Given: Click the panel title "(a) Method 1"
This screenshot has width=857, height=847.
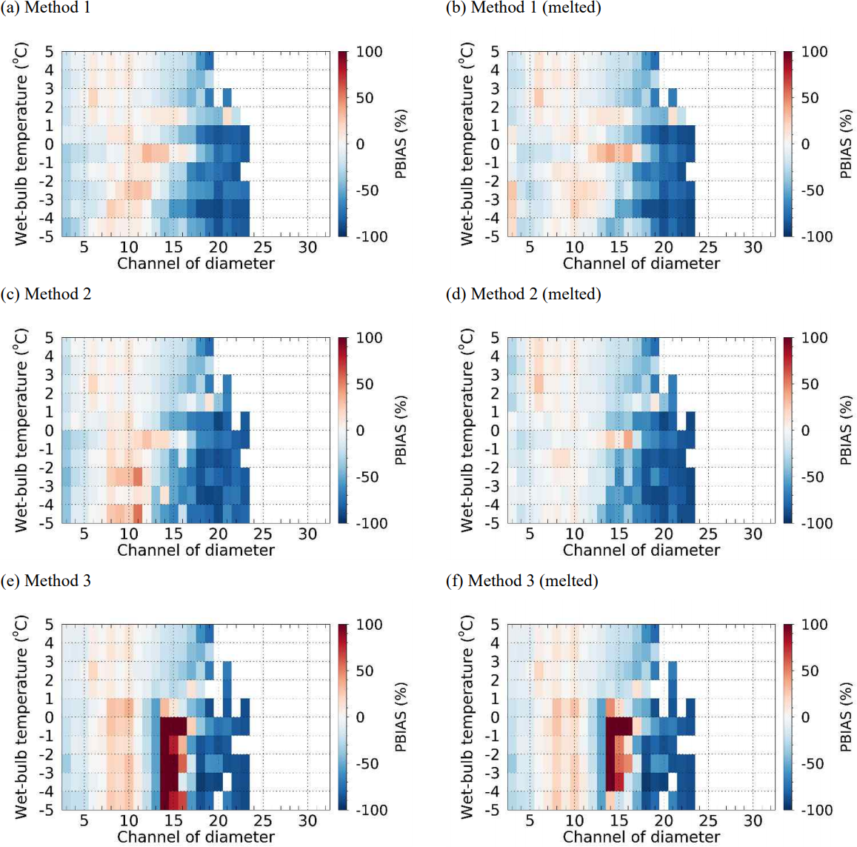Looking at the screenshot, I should [x=46, y=8].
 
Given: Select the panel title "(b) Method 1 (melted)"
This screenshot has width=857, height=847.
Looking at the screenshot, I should [x=523, y=8].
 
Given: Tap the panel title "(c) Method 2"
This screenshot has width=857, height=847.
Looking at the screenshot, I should [x=46, y=294].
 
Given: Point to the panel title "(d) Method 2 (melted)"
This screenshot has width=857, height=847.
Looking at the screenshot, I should [x=523, y=294].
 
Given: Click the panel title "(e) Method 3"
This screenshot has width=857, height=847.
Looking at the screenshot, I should [x=46, y=581].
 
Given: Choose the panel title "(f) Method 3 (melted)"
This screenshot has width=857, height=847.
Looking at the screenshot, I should [x=521, y=581].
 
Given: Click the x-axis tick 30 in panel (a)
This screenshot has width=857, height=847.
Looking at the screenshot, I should [x=307, y=248].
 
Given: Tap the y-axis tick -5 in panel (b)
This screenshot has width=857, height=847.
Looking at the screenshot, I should [x=492, y=237].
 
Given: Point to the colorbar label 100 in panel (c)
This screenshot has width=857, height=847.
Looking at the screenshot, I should [x=369, y=338].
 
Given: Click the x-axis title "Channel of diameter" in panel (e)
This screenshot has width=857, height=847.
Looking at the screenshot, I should [x=196, y=837].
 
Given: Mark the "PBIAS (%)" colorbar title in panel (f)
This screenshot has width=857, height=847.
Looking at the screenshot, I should [x=846, y=717].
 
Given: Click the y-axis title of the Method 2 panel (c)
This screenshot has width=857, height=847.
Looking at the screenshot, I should [x=21, y=431].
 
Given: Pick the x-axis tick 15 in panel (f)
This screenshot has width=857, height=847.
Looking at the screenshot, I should [x=619, y=821].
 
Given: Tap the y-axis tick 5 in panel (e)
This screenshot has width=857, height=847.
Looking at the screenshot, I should [x=50, y=625].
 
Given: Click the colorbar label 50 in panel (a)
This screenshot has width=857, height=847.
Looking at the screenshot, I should [x=364, y=98].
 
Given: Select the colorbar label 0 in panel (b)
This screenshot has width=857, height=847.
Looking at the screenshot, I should [x=806, y=145].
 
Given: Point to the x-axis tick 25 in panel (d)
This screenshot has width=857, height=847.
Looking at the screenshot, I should [x=708, y=534].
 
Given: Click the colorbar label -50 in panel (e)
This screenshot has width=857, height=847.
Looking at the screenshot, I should [x=367, y=764].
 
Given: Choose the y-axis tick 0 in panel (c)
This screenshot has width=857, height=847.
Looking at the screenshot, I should [x=50, y=431].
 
